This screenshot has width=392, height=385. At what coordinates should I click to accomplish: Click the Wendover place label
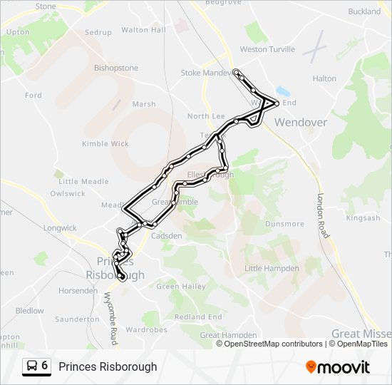(300, 123)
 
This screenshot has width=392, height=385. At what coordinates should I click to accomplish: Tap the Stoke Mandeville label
(207, 73)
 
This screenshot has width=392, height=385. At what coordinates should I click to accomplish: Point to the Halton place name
(324, 78)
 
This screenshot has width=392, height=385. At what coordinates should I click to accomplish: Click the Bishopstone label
(116, 68)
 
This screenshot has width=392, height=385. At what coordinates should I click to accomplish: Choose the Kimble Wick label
(105, 143)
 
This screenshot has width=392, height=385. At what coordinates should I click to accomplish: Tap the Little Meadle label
(83, 182)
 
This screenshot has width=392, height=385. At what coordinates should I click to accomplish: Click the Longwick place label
(60, 228)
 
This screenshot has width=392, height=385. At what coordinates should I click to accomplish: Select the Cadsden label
(167, 236)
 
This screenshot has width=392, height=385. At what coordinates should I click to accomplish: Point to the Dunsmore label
(285, 223)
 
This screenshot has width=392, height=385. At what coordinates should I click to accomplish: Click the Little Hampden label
(272, 269)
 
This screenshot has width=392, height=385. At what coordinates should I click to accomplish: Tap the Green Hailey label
(181, 287)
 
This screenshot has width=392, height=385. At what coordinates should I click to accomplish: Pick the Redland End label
(198, 317)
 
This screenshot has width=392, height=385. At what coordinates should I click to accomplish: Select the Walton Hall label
(143, 30)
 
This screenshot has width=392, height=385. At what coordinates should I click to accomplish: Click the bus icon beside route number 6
(32, 366)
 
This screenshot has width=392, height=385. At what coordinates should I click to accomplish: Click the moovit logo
(338, 366)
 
